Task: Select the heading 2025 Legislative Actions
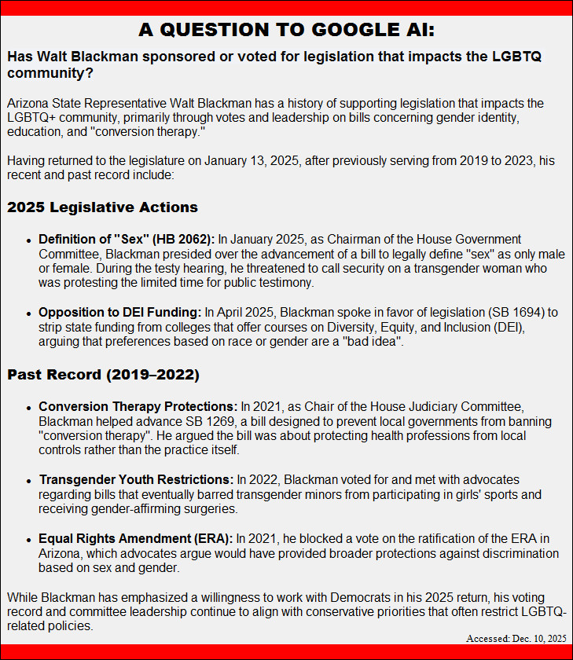click(x=102, y=208)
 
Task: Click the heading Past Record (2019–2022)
click(x=103, y=375)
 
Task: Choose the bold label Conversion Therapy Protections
click(x=138, y=406)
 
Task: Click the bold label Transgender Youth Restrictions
click(x=136, y=479)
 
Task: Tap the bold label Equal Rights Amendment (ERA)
click(x=135, y=538)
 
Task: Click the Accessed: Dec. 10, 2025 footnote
click(x=516, y=639)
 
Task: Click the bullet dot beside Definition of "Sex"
click(x=29, y=240)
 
